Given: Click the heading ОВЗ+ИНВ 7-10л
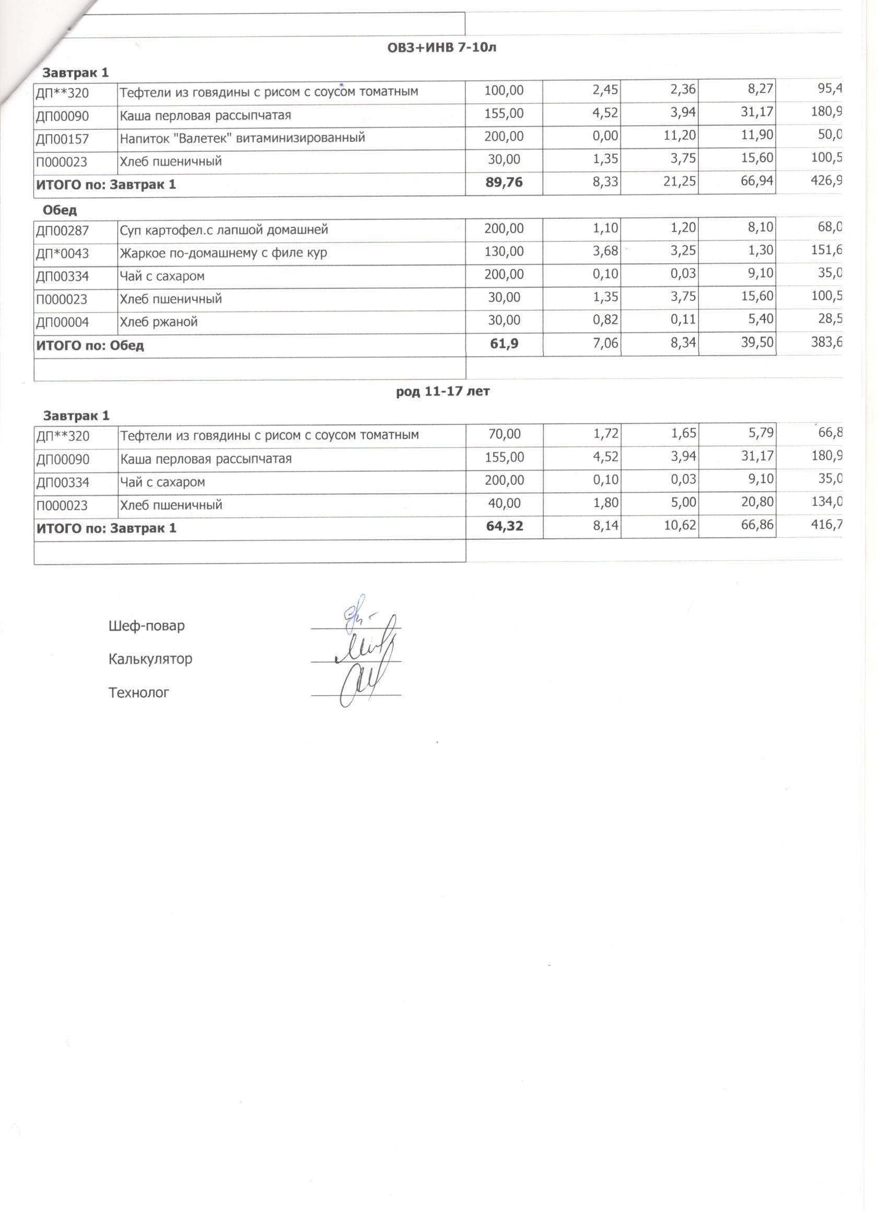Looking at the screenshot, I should click(441, 48).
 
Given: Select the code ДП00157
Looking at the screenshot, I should click(63, 139).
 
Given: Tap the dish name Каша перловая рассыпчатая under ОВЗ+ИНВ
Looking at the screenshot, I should click(205, 116).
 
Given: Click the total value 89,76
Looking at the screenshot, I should click(504, 183).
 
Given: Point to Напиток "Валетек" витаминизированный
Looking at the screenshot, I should click(242, 138).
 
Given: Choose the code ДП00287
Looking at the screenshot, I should click(63, 231).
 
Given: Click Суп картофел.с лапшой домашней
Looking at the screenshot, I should click(224, 230).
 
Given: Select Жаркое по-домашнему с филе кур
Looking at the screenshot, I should click(223, 252).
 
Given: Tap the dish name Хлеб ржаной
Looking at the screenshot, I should click(158, 322).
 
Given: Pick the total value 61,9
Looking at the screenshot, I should click(504, 344).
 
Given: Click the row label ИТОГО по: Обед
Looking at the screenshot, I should click(90, 345).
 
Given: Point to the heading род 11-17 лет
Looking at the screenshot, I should click(442, 391).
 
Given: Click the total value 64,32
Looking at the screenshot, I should click(504, 526).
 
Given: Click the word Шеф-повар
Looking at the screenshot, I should click(146, 626).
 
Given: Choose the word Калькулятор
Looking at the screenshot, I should click(150, 659).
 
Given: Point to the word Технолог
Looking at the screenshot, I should click(139, 693).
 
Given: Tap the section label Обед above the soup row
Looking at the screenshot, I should click(60, 210).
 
